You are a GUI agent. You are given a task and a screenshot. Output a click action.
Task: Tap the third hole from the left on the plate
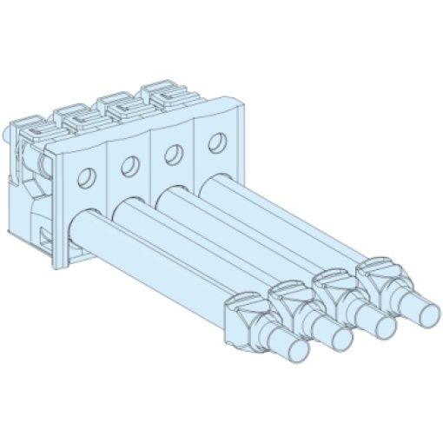173,154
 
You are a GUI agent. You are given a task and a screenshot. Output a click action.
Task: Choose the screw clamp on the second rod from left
290,300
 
